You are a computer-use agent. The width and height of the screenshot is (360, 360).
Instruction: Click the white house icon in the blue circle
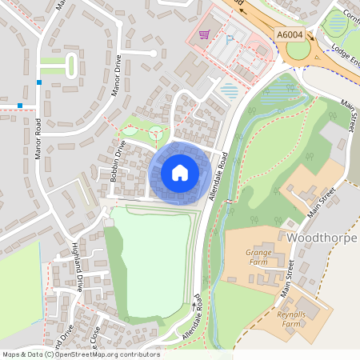click(x=180, y=172)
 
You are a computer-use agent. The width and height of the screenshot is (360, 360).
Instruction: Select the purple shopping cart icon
click(x=204, y=34)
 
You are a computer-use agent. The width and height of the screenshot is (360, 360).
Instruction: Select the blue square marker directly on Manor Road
click(x=38, y=82)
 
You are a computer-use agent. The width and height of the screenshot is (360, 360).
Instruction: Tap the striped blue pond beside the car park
click(x=230, y=90)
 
